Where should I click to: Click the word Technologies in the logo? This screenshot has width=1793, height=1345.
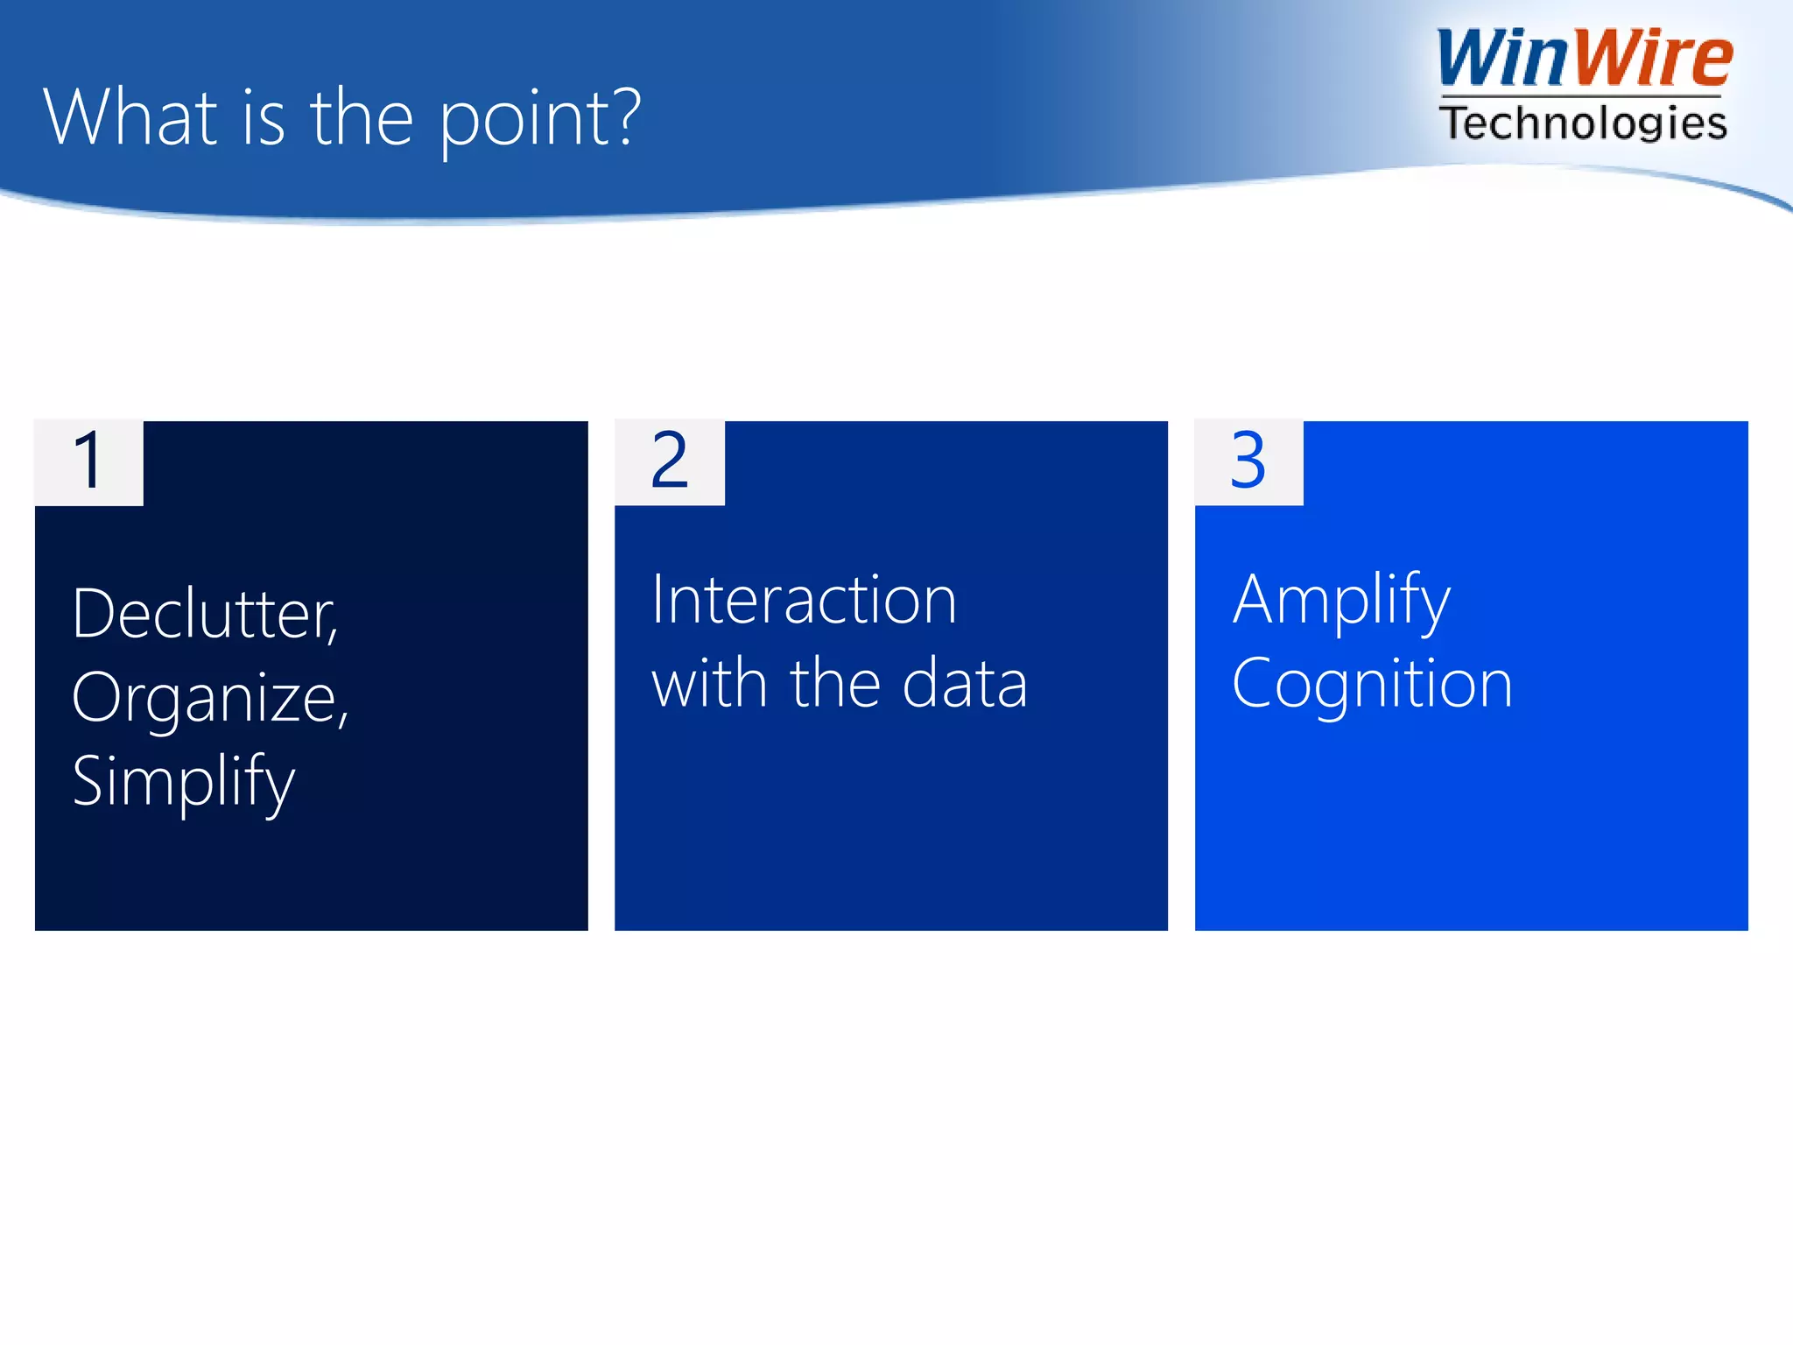[x=1583, y=123]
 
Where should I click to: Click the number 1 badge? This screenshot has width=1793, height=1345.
[x=88, y=462]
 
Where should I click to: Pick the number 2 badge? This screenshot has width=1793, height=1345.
[x=670, y=462]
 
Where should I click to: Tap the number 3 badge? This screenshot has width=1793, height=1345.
[x=1248, y=462]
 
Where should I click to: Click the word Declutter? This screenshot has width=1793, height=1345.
[x=205, y=615]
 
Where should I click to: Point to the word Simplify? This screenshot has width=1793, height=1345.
[x=183, y=782]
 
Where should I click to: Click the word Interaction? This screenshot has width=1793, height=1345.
[x=804, y=601]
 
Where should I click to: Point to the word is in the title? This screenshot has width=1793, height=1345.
[x=263, y=120]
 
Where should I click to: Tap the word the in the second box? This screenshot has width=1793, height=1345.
[x=834, y=684]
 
